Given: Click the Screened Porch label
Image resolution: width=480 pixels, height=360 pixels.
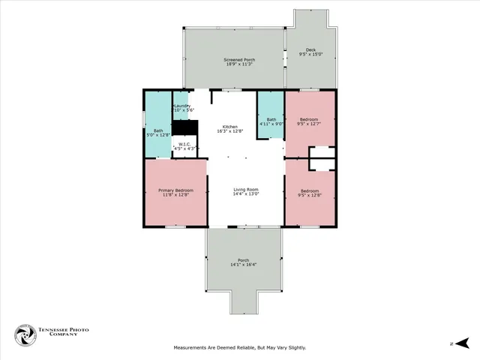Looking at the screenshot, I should [x=239, y=59].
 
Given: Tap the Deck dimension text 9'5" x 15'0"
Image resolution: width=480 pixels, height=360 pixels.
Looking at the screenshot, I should [x=310, y=55].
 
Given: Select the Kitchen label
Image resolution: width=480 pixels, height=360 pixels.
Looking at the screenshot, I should [x=229, y=126].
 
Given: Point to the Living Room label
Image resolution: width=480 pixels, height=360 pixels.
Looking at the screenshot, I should [x=245, y=189].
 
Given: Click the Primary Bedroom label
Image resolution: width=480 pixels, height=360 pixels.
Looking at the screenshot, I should [x=176, y=190].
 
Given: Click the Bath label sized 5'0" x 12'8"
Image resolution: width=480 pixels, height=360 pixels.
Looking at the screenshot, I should [x=147, y=131].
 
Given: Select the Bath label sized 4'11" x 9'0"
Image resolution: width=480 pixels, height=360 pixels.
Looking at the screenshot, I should [x=271, y=119].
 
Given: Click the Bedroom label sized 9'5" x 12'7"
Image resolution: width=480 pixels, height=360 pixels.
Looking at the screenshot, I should [x=309, y=119].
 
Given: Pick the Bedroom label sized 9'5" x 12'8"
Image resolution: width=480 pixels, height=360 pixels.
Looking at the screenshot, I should [x=309, y=190].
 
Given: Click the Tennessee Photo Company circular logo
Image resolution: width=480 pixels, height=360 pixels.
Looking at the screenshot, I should [x=26, y=335].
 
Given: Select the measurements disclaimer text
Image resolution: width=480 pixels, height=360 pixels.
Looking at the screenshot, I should [x=239, y=347].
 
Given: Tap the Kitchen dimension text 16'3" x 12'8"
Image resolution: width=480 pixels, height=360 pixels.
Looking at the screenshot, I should [x=229, y=131].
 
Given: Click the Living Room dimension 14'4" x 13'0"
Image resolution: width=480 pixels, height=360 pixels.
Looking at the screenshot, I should [x=245, y=194].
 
